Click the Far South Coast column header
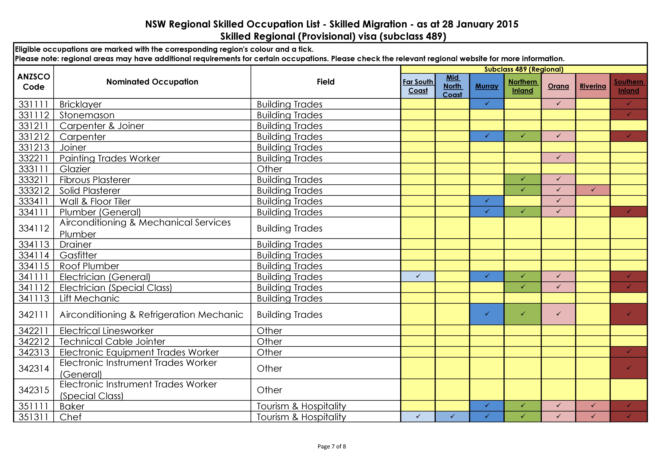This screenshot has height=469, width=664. click(x=418, y=86)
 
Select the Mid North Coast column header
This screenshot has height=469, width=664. click(x=452, y=86)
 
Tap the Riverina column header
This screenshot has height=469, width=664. click(x=593, y=86)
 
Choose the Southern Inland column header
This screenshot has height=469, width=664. click(x=628, y=86)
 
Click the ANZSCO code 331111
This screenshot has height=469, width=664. click(x=34, y=104)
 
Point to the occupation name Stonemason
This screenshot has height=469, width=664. click(x=87, y=115)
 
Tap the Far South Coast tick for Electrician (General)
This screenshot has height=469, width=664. click(x=418, y=276)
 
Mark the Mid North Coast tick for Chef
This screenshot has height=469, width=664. click(x=452, y=416)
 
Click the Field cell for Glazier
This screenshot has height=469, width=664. click(x=269, y=169)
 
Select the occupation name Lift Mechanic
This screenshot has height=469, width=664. click(x=89, y=298)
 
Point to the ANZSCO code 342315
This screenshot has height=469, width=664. click(x=34, y=390)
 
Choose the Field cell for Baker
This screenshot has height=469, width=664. click(x=301, y=406)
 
